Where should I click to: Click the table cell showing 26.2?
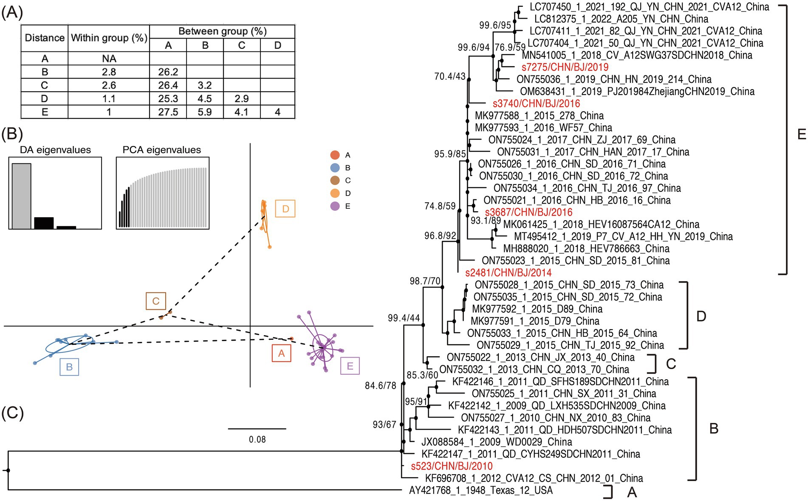168,72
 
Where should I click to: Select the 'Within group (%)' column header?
109,38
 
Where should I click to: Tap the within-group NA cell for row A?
109,59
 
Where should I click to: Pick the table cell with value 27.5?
168,112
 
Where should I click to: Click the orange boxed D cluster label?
285,209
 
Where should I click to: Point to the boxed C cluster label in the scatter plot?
155,301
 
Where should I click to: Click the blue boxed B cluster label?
69,367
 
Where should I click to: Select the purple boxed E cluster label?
350,366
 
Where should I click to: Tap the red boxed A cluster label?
281,353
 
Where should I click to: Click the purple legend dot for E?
335,206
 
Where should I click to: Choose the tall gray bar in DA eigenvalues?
21,196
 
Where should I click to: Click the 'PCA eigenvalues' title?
161,150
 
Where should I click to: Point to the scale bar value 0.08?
257,439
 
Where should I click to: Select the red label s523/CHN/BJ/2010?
452,466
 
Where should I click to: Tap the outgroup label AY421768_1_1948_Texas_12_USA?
480,491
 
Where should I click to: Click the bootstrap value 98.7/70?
425,281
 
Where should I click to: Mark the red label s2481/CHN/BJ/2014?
508,273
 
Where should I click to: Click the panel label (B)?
12,134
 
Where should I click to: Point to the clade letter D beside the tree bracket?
701,316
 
